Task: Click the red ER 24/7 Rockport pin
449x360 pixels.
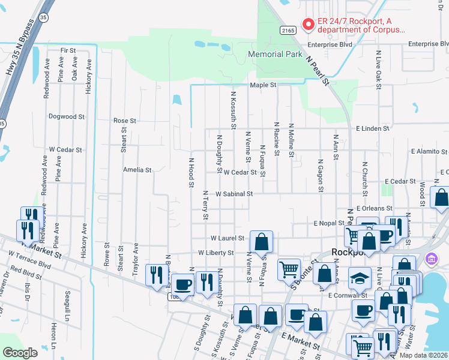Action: (x=309, y=25)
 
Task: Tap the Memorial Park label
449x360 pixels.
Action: (x=276, y=55)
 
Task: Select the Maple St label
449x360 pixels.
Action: (x=263, y=85)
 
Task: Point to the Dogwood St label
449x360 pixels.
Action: (x=67, y=116)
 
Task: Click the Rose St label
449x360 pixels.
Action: (x=125, y=121)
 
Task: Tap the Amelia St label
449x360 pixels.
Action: (x=137, y=170)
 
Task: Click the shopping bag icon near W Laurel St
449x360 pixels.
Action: (x=262, y=242)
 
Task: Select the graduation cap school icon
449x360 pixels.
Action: (x=360, y=279)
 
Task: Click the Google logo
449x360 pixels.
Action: (x=20, y=353)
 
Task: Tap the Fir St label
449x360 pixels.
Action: (x=68, y=51)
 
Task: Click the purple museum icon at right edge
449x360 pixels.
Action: (x=431, y=260)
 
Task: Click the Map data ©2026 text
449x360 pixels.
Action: (x=424, y=355)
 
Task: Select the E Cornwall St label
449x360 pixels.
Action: (x=348, y=295)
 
